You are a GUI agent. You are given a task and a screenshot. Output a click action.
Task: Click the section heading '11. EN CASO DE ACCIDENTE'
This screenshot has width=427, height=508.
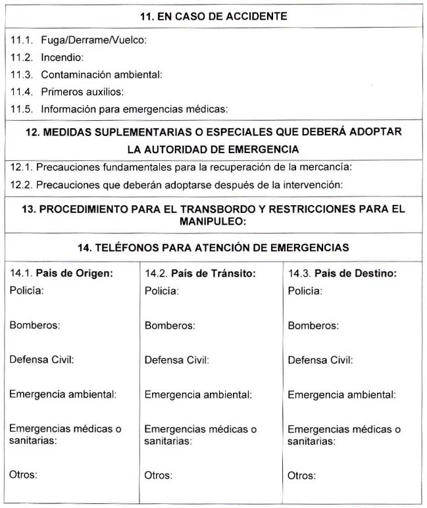(x=214, y=16)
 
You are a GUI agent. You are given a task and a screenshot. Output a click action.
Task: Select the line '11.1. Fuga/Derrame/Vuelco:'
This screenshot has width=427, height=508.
(x=78, y=41)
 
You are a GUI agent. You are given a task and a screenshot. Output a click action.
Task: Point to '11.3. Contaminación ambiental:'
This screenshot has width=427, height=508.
(x=86, y=75)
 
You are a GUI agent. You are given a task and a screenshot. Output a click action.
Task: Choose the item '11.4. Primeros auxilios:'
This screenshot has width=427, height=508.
(x=67, y=92)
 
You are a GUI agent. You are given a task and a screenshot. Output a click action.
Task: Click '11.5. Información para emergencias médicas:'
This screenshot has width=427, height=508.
(x=119, y=109)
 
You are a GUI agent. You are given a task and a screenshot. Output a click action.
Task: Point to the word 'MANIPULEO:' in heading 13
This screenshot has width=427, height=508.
(x=214, y=222)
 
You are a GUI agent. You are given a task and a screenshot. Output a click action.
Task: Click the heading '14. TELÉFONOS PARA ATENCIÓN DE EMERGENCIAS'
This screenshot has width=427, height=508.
(x=213, y=248)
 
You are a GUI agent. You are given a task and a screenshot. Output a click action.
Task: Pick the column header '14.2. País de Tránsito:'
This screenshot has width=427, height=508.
(x=200, y=273)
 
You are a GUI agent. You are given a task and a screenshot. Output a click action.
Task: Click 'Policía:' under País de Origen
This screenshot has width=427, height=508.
(x=27, y=290)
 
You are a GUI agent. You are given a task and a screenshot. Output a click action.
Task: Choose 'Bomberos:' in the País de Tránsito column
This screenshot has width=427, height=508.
(x=169, y=325)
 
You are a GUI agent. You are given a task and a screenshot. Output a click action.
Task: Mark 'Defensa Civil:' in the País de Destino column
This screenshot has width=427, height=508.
(x=320, y=360)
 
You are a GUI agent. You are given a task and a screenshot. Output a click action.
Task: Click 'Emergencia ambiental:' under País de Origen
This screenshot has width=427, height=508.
(x=63, y=394)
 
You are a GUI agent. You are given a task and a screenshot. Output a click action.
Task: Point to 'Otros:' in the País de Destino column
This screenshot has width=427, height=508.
(x=301, y=476)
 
